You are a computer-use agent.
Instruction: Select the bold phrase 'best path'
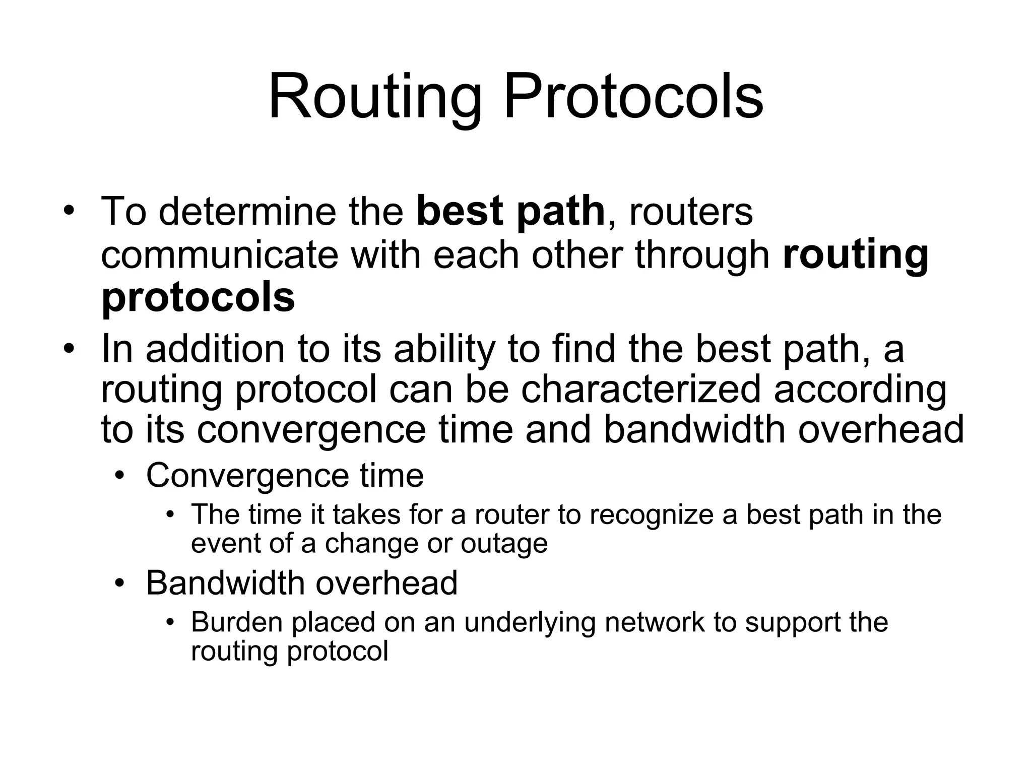[510, 212]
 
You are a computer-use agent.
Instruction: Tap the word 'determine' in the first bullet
[247, 212]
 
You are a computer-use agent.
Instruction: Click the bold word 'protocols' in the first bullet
[198, 297]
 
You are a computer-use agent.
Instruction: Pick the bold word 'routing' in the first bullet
[855, 254]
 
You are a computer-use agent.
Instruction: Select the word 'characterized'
[640, 389]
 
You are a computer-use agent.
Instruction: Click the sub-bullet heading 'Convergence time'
[285, 475]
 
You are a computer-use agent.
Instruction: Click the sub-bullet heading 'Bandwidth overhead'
[301, 583]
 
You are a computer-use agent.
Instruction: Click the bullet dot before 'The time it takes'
[170, 514]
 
